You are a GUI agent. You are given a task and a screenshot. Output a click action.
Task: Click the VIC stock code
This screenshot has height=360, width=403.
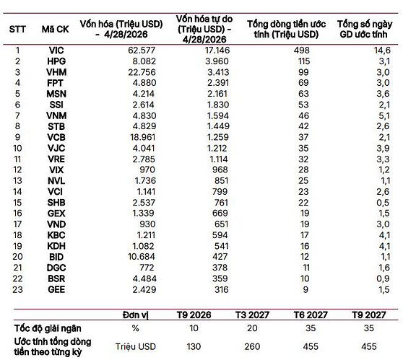point(56,51)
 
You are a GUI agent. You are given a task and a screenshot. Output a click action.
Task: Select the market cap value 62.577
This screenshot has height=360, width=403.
point(142,51)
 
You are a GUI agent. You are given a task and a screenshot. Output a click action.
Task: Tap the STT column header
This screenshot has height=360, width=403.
point(17,30)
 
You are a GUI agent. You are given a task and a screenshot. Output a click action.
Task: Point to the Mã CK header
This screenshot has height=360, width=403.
point(56,30)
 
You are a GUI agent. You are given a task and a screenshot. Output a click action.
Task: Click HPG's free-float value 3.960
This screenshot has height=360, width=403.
point(217,61)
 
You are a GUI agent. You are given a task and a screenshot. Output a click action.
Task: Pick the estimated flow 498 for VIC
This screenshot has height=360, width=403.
point(302,51)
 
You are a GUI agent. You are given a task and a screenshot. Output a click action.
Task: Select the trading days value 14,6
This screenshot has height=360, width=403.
point(382,51)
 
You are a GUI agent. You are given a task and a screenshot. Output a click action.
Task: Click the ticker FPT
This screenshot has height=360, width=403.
point(55,83)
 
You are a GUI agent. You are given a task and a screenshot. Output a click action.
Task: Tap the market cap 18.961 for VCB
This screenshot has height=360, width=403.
point(143,137)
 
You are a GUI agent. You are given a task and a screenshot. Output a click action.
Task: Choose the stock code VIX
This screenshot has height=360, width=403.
point(56,170)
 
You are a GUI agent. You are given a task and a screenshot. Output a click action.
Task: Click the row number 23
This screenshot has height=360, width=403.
point(17,289)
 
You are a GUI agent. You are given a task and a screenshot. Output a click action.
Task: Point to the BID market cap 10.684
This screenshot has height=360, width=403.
point(142,257)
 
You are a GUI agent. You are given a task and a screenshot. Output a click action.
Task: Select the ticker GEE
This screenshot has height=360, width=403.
point(56,289)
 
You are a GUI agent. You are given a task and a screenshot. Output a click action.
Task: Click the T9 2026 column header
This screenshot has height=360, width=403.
point(194,315)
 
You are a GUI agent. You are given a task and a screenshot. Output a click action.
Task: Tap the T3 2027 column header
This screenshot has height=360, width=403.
point(252,315)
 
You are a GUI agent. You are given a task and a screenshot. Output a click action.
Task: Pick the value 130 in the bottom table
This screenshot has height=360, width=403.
point(194,346)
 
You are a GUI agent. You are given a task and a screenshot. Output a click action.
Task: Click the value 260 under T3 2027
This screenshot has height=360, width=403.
point(252,346)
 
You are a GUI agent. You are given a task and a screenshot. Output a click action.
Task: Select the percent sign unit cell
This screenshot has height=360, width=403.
point(135,328)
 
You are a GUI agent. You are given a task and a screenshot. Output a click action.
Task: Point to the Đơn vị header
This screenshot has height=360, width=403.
point(135,315)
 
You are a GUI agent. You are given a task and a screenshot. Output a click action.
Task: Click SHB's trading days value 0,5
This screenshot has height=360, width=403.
point(383,203)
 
